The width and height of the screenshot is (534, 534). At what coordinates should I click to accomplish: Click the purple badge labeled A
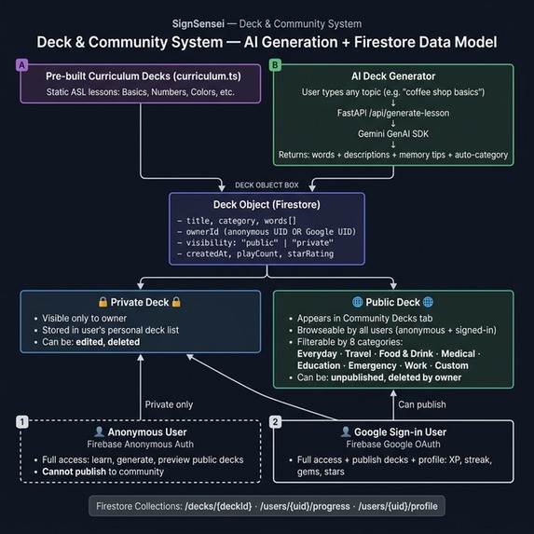pyautogui.click(x=21, y=65)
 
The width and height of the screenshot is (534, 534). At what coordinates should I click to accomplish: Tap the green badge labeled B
pyautogui.click(x=275, y=65)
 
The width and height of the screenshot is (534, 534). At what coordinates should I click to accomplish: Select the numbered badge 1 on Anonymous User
pyautogui.click(x=22, y=422)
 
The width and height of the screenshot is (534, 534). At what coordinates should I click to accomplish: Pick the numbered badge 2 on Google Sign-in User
pyautogui.click(x=276, y=422)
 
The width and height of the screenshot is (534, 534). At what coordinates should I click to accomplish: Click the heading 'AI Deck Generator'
pyautogui.click(x=393, y=76)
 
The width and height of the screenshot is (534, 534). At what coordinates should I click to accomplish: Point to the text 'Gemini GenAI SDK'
pyautogui.click(x=393, y=134)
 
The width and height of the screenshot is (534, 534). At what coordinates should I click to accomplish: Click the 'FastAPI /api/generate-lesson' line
pyautogui.click(x=393, y=113)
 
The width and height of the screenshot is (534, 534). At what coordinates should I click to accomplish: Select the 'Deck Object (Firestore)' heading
pyautogui.click(x=267, y=205)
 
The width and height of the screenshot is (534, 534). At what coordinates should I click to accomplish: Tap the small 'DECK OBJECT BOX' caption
pyautogui.click(x=267, y=185)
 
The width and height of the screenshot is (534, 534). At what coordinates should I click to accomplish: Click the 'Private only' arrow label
pyautogui.click(x=169, y=404)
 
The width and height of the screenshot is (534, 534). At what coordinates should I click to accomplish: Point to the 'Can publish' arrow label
pyautogui.click(x=422, y=404)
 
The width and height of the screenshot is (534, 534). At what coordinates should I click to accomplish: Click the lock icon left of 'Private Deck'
pyautogui.click(x=103, y=302)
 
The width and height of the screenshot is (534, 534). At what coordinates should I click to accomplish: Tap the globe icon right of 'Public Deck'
pyautogui.click(x=428, y=302)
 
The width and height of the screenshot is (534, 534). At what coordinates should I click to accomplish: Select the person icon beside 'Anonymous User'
pyautogui.click(x=99, y=431)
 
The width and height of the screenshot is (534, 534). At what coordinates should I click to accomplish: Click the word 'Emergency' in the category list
pyautogui.click(x=372, y=365)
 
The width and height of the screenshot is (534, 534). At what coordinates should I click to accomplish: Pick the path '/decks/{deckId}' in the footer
pyautogui.click(x=218, y=506)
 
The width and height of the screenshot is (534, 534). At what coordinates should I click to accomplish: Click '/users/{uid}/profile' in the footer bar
pyautogui.click(x=398, y=506)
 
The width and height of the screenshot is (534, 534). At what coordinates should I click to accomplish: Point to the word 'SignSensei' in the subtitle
pyautogui.click(x=199, y=24)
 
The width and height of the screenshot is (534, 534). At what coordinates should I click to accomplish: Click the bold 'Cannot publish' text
pyautogui.click(x=74, y=472)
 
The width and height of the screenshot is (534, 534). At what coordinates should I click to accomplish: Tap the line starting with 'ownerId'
pyautogui.click(x=267, y=232)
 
